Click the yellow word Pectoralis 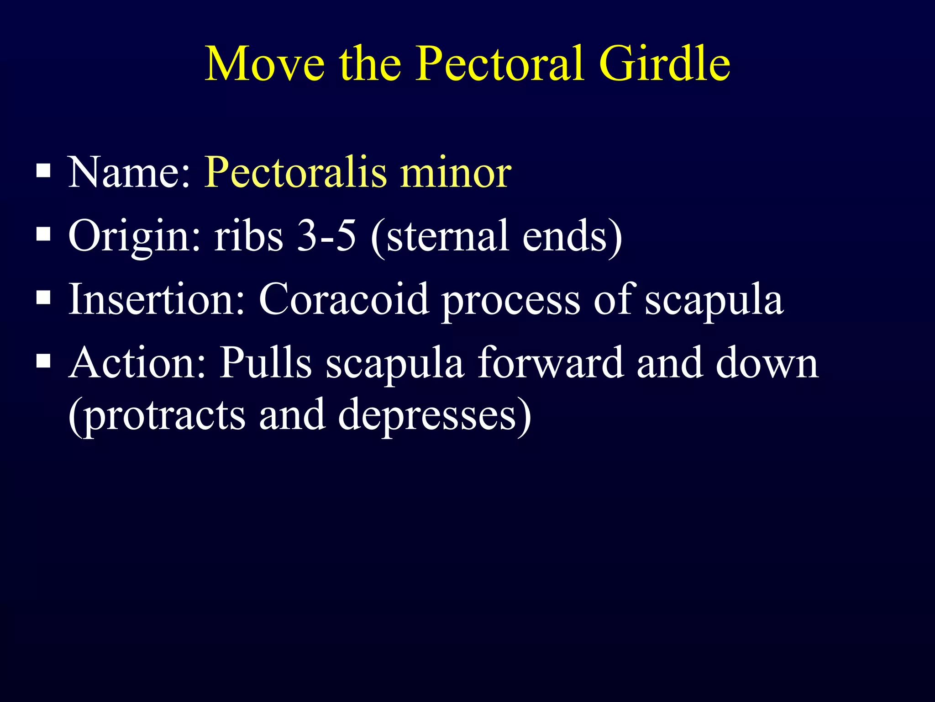(295, 173)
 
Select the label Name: (129, 173)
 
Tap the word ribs (249, 236)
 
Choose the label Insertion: (157, 299)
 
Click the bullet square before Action (43, 362)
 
